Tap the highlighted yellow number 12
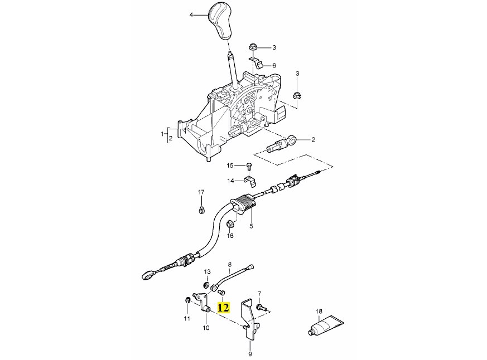pos(223,307)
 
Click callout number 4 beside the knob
pos(191,15)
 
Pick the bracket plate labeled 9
pos(248,320)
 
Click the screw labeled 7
pos(261,307)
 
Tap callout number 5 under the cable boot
pos(251,226)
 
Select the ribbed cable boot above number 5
pos(244,203)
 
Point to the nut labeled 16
pos(229,225)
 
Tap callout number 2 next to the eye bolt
pos(314,139)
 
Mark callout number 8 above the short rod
pos(229,265)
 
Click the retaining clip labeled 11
pos(187,301)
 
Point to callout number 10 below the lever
pos(206,328)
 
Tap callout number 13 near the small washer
pos(207,271)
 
